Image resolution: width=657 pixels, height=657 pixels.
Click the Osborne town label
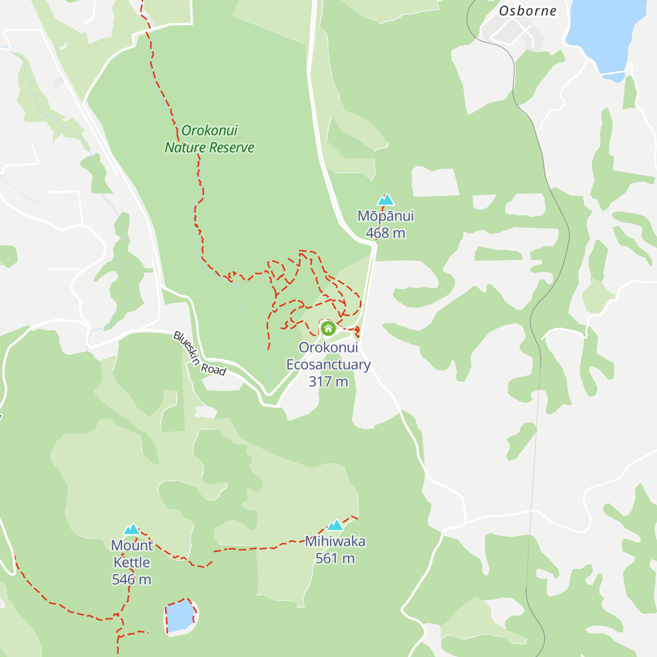coord(527,11)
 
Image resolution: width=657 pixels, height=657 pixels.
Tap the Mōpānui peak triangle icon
coord(385,200)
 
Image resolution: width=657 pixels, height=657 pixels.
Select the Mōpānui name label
coord(385,216)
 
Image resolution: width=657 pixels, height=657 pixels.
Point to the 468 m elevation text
coord(385,233)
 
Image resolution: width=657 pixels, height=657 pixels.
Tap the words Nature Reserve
coord(210,147)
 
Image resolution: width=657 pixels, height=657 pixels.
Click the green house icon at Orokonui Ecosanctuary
coord(328,328)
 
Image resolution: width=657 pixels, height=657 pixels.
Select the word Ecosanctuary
coord(328,365)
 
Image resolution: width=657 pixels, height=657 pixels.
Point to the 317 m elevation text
coord(328,382)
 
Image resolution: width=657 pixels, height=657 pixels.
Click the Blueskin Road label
coord(199,354)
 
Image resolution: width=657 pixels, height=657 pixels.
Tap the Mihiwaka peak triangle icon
coord(335,526)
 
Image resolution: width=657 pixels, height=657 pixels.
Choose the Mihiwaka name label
coord(335,541)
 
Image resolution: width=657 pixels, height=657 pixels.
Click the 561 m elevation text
coord(335,558)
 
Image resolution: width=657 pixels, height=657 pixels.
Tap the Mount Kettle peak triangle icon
coord(131,529)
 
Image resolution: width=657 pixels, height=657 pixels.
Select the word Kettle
coord(131,562)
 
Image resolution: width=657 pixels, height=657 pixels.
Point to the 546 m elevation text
coord(131,579)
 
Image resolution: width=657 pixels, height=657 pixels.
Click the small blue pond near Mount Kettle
coord(180,617)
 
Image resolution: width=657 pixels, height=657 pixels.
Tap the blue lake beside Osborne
coord(602,33)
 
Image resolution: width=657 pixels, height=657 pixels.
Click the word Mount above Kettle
coord(131,545)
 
